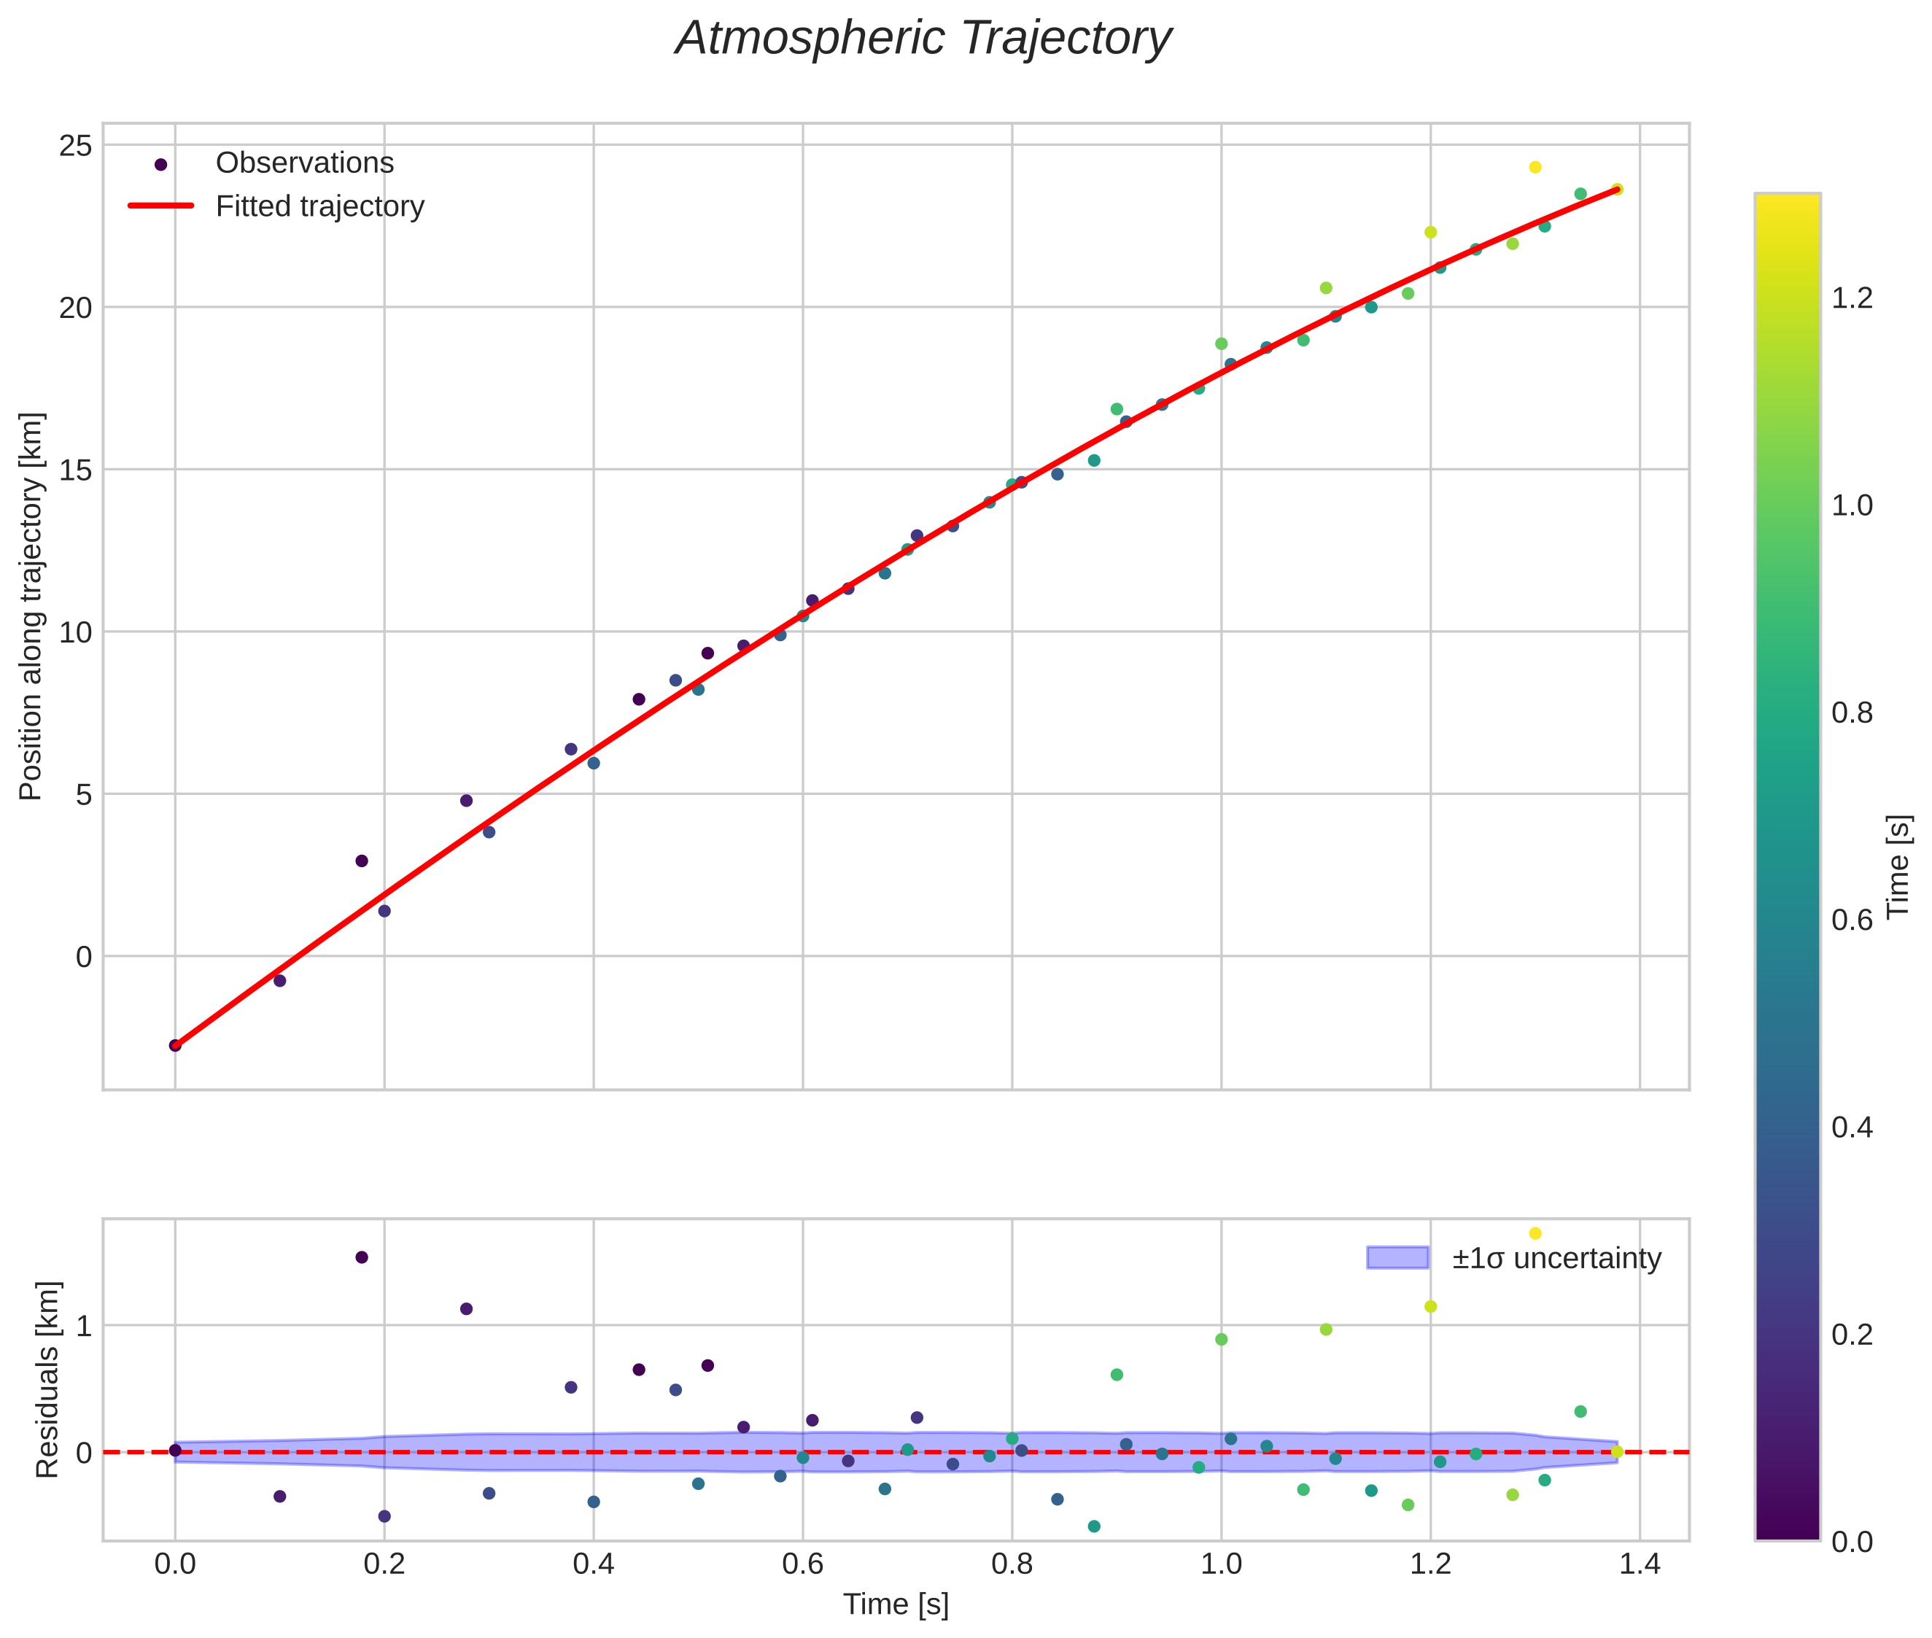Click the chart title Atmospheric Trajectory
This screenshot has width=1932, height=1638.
click(x=923, y=39)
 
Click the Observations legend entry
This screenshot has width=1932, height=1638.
click(x=305, y=163)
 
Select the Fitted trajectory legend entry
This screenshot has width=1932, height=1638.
click(x=319, y=206)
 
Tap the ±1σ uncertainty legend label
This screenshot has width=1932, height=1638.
click(x=1556, y=1258)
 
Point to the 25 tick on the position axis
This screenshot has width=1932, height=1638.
click(x=75, y=146)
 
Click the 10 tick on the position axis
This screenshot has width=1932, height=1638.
click(x=75, y=632)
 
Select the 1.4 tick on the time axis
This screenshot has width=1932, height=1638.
click(x=1640, y=1564)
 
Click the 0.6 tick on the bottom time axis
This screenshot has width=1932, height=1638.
click(x=803, y=1564)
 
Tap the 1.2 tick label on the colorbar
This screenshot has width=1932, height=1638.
click(x=1851, y=298)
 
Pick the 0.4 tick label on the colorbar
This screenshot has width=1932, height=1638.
click(x=1851, y=1127)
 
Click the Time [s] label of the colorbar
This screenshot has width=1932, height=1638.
click(x=1899, y=866)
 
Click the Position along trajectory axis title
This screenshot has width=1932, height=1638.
click(x=31, y=606)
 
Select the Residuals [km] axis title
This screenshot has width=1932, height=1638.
click(x=47, y=1379)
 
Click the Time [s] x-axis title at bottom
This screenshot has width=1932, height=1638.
click(x=896, y=1604)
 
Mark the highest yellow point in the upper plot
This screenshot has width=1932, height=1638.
click(x=1535, y=167)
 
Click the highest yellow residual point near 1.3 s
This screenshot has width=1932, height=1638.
click(x=1535, y=1233)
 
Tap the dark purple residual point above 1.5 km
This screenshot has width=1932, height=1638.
click(x=362, y=1257)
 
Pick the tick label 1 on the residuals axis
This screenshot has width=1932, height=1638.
click(x=85, y=1326)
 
